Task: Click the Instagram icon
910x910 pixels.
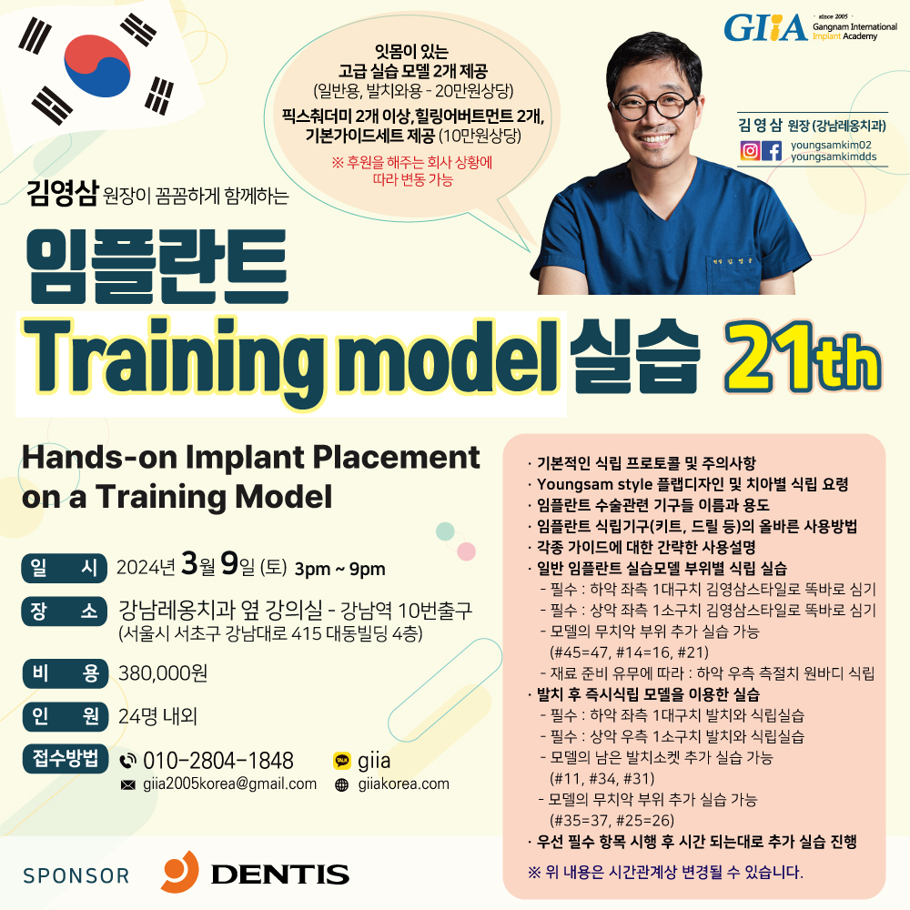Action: click(x=750, y=151)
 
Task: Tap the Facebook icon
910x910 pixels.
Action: click(x=772, y=151)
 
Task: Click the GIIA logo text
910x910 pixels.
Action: click(x=765, y=28)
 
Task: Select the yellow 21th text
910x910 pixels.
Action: click(x=803, y=358)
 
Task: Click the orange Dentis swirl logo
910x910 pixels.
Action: click(x=180, y=871)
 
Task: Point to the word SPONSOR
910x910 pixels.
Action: click(x=76, y=875)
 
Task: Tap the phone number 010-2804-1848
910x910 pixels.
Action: click(x=218, y=760)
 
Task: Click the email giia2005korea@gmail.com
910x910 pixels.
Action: click(x=230, y=784)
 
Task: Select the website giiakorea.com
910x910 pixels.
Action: click(x=404, y=784)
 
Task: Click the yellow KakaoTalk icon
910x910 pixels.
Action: click(x=342, y=760)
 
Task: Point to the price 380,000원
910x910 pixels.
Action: click(x=163, y=673)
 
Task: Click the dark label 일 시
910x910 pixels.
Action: click(x=65, y=568)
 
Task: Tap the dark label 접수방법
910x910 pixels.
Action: click(x=66, y=759)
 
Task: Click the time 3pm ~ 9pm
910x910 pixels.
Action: click(x=340, y=570)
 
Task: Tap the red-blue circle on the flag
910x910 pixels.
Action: click(x=97, y=66)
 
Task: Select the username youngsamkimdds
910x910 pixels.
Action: click(x=834, y=157)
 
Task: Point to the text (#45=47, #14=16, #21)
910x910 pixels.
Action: click(x=629, y=652)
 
